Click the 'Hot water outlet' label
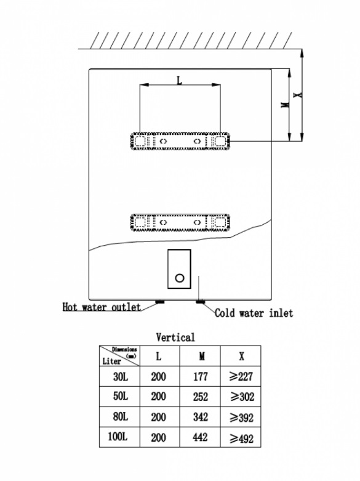point(102,307)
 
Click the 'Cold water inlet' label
point(254,313)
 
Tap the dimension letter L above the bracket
point(180,80)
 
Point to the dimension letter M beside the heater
point(285,105)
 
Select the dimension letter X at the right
point(298,95)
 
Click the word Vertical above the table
point(175,338)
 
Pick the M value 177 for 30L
point(200,376)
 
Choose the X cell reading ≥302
point(242,397)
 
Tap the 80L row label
point(121,416)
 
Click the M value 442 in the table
point(200,437)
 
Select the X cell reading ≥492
point(242,439)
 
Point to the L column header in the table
point(159,356)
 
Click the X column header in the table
point(242,356)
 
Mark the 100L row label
point(118,437)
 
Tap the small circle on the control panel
point(180,278)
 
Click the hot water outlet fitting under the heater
point(160,302)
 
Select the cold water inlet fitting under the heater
point(200,302)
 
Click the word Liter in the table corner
point(111,362)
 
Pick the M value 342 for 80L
point(200,417)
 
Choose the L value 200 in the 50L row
point(158,397)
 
